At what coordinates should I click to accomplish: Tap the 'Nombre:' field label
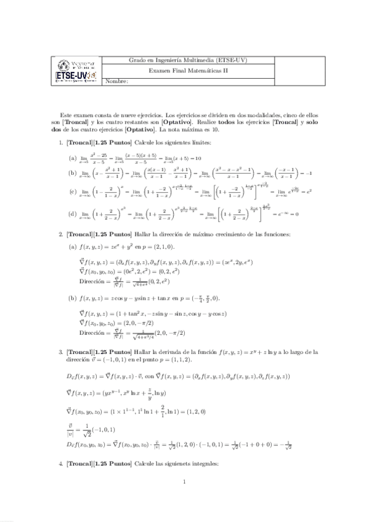coord(117,81)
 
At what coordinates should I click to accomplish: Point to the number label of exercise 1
coord(59,143)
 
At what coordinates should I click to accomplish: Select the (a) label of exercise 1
coord(72,158)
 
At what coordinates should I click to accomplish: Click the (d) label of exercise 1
coord(72,215)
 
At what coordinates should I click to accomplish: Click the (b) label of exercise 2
coord(72,298)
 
